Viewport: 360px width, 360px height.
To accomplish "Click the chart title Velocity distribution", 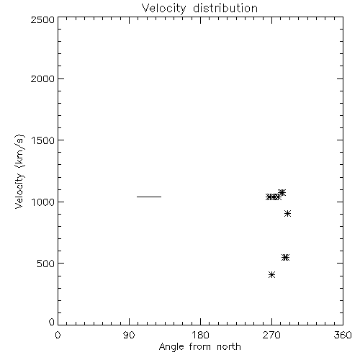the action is tap(199, 9).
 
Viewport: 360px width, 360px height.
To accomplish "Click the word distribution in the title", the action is tap(225, 8).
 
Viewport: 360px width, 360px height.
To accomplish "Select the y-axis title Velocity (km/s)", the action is tap(19, 171).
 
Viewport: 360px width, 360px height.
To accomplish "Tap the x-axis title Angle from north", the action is tap(199, 347).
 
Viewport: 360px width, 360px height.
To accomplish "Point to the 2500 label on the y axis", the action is tap(42, 19).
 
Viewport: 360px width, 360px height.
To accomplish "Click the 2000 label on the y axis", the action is tap(42, 78).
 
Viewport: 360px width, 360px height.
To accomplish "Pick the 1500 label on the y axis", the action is tap(43, 140).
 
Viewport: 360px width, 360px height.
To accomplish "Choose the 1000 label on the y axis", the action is tap(43, 202).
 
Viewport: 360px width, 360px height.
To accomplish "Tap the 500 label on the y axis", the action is tap(46, 264).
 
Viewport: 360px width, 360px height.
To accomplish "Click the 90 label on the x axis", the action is tap(129, 335).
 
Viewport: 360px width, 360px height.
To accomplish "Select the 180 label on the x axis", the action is tap(200, 335).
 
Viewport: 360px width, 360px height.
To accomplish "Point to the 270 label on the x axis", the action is tap(271, 335).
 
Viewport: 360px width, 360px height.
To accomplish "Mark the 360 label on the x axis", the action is tap(343, 335).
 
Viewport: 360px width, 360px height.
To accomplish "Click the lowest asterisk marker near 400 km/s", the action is tap(271, 275).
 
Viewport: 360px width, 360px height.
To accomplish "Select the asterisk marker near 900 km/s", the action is tap(288, 213).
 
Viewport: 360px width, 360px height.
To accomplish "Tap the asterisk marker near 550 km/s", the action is tap(285, 258).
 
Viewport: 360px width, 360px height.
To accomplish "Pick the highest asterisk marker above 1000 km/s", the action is tap(282, 192).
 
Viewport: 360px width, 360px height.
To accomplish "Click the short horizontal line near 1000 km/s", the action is tap(149, 197).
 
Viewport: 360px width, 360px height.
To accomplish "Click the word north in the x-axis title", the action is tap(229, 347).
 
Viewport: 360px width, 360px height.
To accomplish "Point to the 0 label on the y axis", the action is tap(52, 322).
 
